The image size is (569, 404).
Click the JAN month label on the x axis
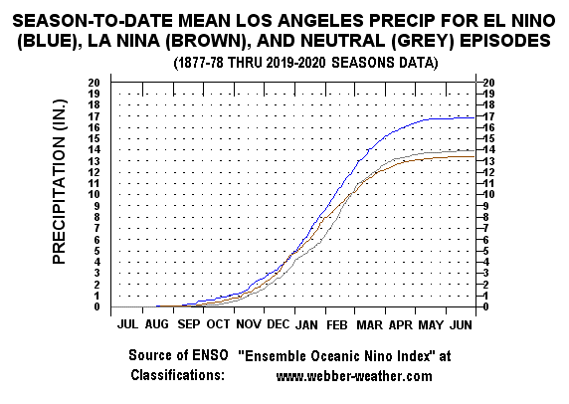pyautogui.click(x=306, y=324)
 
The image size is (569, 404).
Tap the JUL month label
pyautogui.click(x=127, y=324)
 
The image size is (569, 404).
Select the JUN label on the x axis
pyautogui.click(x=461, y=324)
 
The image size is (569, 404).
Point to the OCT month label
pyautogui.click(x=218, y=324)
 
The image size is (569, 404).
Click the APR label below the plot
pyautogui.click(x=401, y=324)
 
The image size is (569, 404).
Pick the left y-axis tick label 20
pyautogui.click(x=94, y=83)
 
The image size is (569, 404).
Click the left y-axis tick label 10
pyautogui.click(x=94, y=195)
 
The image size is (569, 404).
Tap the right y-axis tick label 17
pyautogui.click(x=488, y=116)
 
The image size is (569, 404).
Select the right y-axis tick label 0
pyautogui.click(x=485, y=306)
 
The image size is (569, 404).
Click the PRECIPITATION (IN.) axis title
pyautogui.click(x=59, y=181)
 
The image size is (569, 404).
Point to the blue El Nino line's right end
pyautogui.click(x=474, y=117)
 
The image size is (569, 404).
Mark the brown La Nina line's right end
pyautogui.click(x=474, y=156)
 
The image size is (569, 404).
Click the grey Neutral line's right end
pyautogui.click(x=474, y=150)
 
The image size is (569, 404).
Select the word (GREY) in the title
pyautogui.click(x=423, y=40)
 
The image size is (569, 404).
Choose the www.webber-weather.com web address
pyautogui.click(x=354, y=376)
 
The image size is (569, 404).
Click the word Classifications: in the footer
pyautogui.click(x=178, y=374)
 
